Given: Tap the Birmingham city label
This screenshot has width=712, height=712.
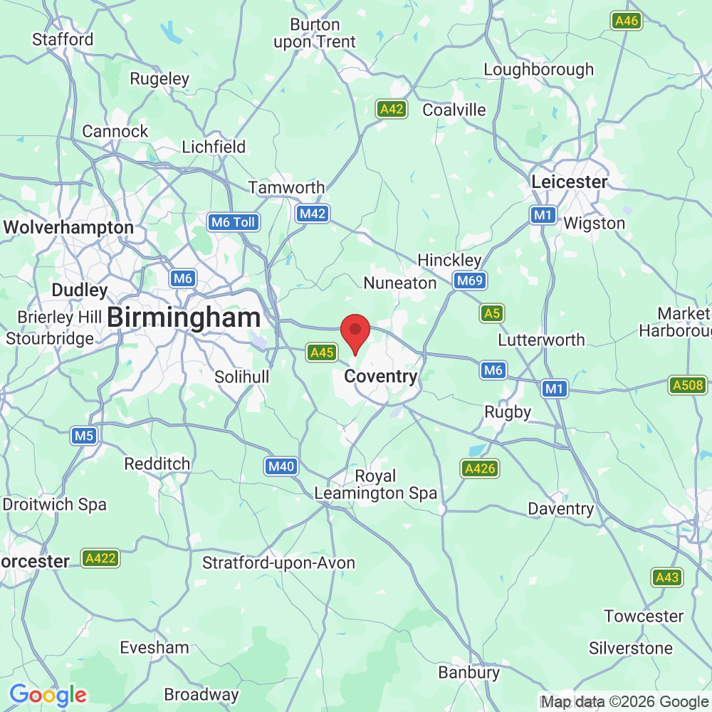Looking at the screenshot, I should coord(184,318).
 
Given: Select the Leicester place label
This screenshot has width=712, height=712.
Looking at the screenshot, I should coord(570,182).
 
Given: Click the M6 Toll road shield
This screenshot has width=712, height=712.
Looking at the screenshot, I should coord(234,222).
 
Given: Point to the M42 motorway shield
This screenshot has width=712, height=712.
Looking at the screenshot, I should coord(312,214).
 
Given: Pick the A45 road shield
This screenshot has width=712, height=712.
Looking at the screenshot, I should coord(321,352).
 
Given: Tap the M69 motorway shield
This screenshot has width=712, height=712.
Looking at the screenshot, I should coord(470,281).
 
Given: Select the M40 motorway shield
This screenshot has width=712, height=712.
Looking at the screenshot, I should coord(280,467).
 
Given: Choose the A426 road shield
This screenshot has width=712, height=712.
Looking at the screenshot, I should coord(479,468).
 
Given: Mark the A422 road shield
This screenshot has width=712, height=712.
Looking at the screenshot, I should coord(100,558).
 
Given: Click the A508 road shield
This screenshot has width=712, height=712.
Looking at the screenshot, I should coord(687,386).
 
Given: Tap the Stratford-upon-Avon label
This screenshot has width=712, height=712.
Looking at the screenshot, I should coord(278,563).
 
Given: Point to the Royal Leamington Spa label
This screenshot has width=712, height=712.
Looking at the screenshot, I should coord(375,484).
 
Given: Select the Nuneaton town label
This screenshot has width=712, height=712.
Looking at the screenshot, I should coord(400,283).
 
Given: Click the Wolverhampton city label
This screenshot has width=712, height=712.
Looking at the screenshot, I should coord(68,228).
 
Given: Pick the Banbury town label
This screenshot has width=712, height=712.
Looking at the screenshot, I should coord(468,672).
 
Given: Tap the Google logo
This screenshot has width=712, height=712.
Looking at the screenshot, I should coord(48,694).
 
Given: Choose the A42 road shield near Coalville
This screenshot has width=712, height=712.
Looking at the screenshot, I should coord(392,109).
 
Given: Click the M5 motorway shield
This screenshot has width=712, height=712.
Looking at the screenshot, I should coord(83,436).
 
